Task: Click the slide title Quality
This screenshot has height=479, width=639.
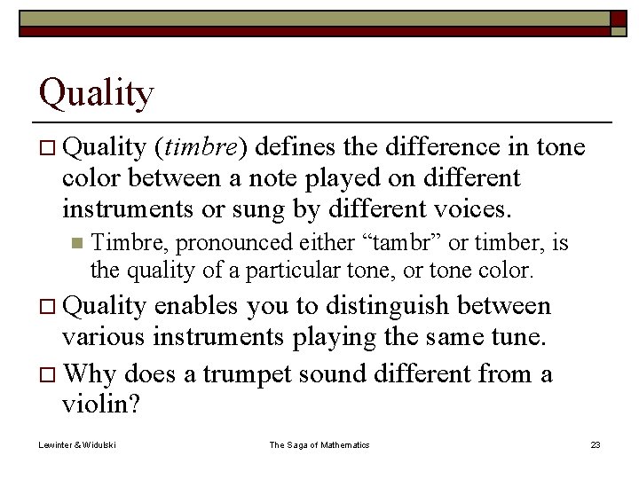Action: (x=96, y=93)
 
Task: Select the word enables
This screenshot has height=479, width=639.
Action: (x=198, y=306)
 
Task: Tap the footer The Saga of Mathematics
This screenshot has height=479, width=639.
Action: (x=319, y=444)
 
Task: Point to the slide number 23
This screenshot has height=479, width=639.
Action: (x=595, y=444)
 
